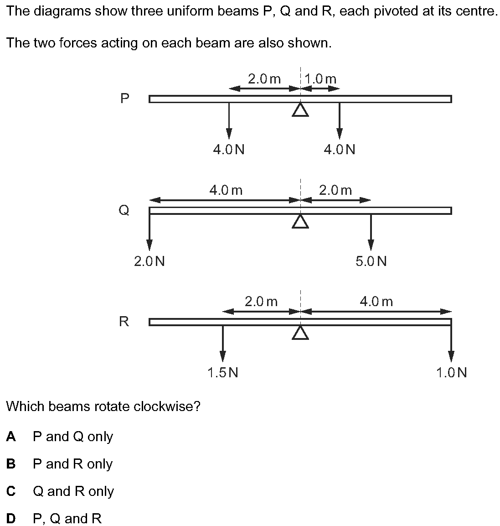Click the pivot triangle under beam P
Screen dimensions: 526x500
300,110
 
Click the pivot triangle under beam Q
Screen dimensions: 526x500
300,221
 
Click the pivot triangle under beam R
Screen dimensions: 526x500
300,333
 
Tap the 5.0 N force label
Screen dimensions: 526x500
371,261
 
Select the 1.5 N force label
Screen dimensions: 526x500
222,373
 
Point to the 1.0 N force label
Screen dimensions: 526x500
451,373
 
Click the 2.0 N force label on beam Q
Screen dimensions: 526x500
149,261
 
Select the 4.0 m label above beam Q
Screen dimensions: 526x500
226,190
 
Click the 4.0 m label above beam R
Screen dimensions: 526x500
376,302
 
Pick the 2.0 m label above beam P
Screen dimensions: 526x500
264,79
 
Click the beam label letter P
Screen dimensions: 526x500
124,99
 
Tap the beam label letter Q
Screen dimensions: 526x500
124,210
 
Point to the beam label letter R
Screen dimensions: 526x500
124,322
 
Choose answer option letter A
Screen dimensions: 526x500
11,437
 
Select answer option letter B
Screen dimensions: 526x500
11,464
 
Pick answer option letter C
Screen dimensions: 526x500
11,491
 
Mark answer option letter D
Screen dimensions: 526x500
11,519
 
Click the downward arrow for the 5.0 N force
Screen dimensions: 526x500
371,233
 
